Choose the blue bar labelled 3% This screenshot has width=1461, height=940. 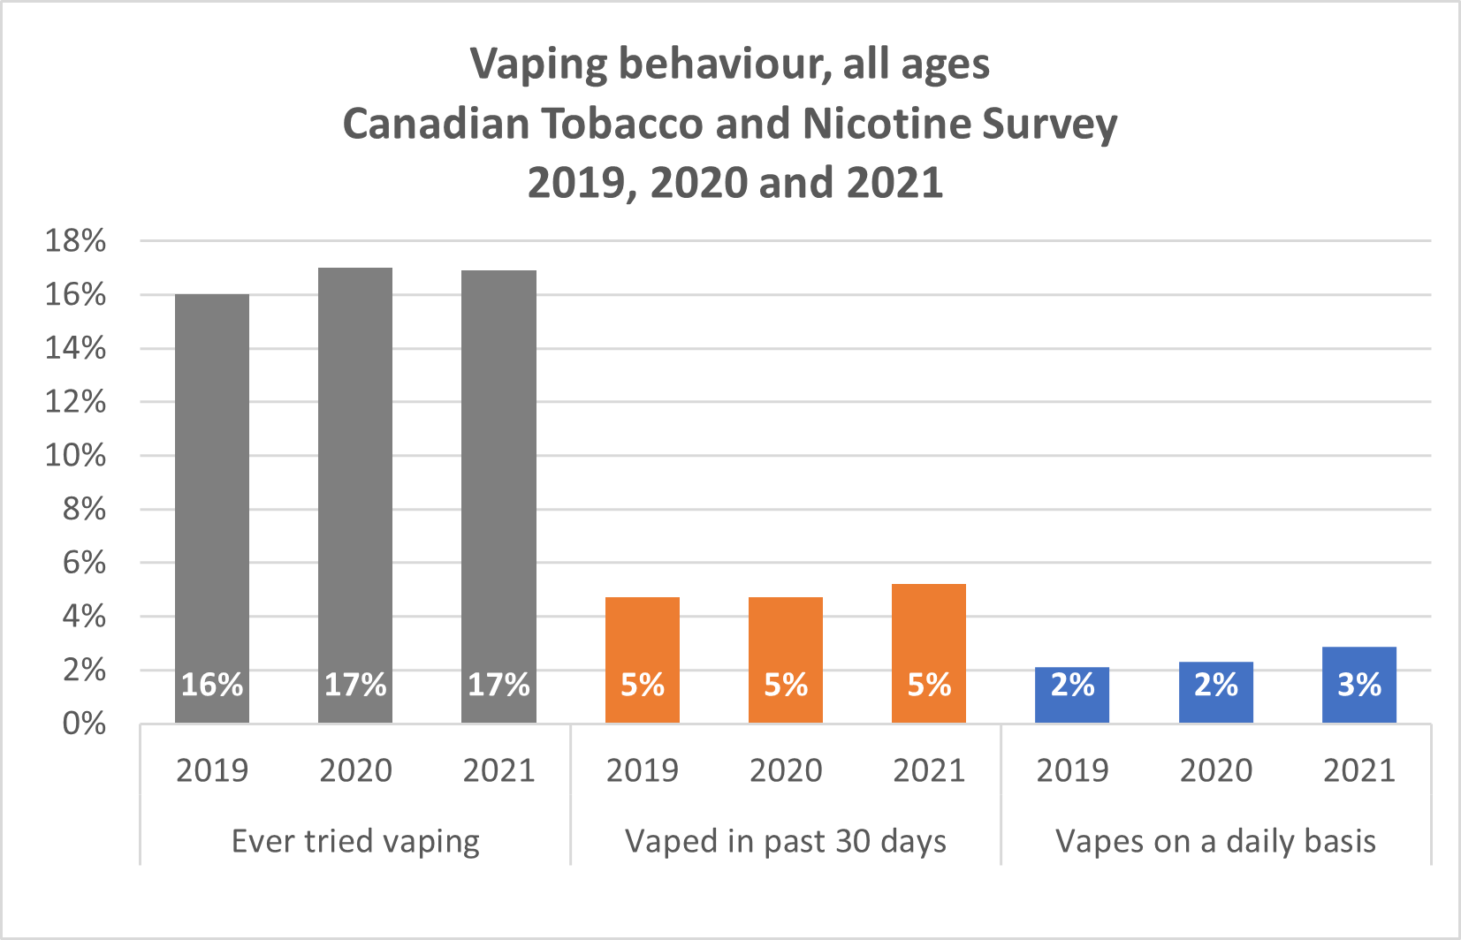point(1359,685)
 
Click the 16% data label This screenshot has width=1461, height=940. point(212,685)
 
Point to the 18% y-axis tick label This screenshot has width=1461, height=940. point(76,240)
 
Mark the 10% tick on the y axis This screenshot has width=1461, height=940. point(76,456)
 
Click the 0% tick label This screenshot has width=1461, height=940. point(84,724)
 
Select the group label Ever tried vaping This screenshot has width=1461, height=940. point(355,841)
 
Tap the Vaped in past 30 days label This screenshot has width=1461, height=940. point(786,841)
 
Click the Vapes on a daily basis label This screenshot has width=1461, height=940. point(1216,841)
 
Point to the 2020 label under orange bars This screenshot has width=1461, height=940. point(786,770)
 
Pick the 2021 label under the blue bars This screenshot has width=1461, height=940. point(1359,770)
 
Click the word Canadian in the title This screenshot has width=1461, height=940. point(435,124)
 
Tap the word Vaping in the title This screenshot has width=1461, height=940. point(539,64)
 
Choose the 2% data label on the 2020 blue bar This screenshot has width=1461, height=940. point(1216,685)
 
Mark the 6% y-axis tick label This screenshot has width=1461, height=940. point(84,563)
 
